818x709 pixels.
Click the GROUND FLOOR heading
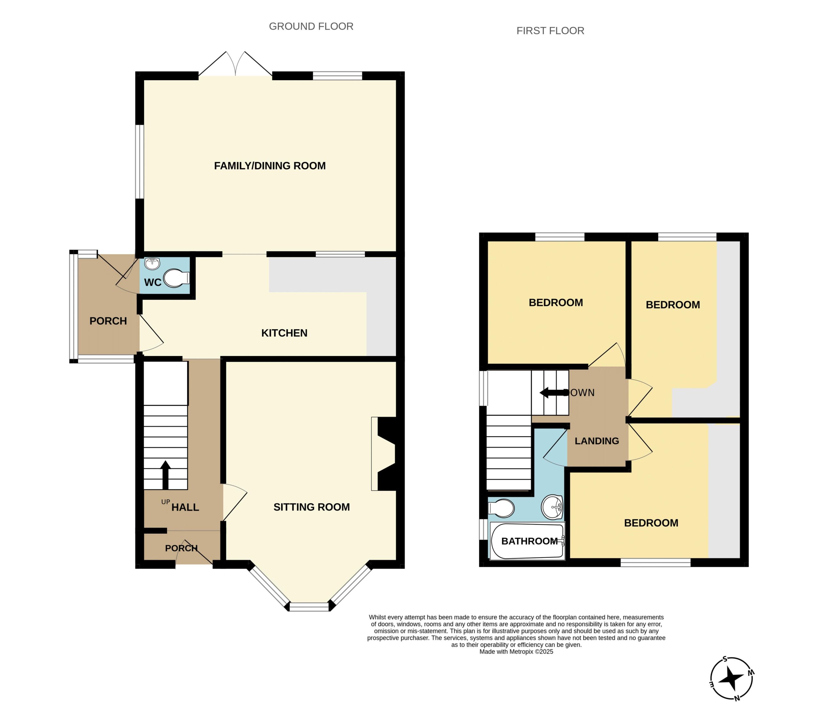(x=311, y=26)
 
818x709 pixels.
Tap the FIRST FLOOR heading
(x=550, y=31)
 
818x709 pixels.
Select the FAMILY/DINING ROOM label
(x=270, y=166)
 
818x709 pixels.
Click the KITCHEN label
(x=284, y=333)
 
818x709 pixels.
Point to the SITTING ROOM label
(x=312, y=507)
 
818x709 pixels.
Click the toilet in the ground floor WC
(x=177, y=278)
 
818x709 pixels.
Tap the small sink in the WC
(x=152, y=263)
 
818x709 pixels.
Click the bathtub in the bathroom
(x=527, y=541)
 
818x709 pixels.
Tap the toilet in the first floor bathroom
(x=501, y=509)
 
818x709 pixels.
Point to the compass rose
(x=732, y=679)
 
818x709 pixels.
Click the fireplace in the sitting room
(x=384, y=454)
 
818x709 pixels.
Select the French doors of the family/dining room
(x=235, y=64)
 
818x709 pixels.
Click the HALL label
(x=185, y=508)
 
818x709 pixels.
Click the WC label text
(x=153, y=283)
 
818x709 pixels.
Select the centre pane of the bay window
(x=309, y=607)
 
